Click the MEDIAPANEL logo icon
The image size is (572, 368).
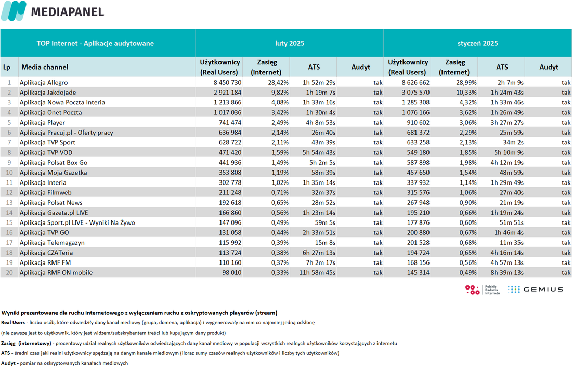[x=14, y=11]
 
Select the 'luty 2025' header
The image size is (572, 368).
[x=290, y=43]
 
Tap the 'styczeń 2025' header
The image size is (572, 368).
[x=477, y=43]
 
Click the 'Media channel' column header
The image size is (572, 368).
[x=45, y=67]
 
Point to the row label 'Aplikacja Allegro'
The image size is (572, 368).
[x=44, y=83]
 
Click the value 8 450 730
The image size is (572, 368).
[x=228, y=83]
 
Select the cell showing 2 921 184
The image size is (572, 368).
[x=228, y=93]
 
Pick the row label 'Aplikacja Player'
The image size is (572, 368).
[x=42, y=123]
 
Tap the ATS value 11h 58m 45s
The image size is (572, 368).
[x=317, y=272]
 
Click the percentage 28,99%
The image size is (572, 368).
[x=466, y=83]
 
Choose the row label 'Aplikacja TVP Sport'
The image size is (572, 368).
[x=47, y=142]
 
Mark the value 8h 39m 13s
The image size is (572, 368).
[x=507, y=272]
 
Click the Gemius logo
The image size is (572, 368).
[x=536, y=290]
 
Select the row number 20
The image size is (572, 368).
[x=9, y=272]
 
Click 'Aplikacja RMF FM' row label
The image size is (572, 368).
[x=45, y=262]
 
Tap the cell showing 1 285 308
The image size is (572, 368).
[x=416, y=102]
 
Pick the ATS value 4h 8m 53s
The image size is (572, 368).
[x=321, y=123]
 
